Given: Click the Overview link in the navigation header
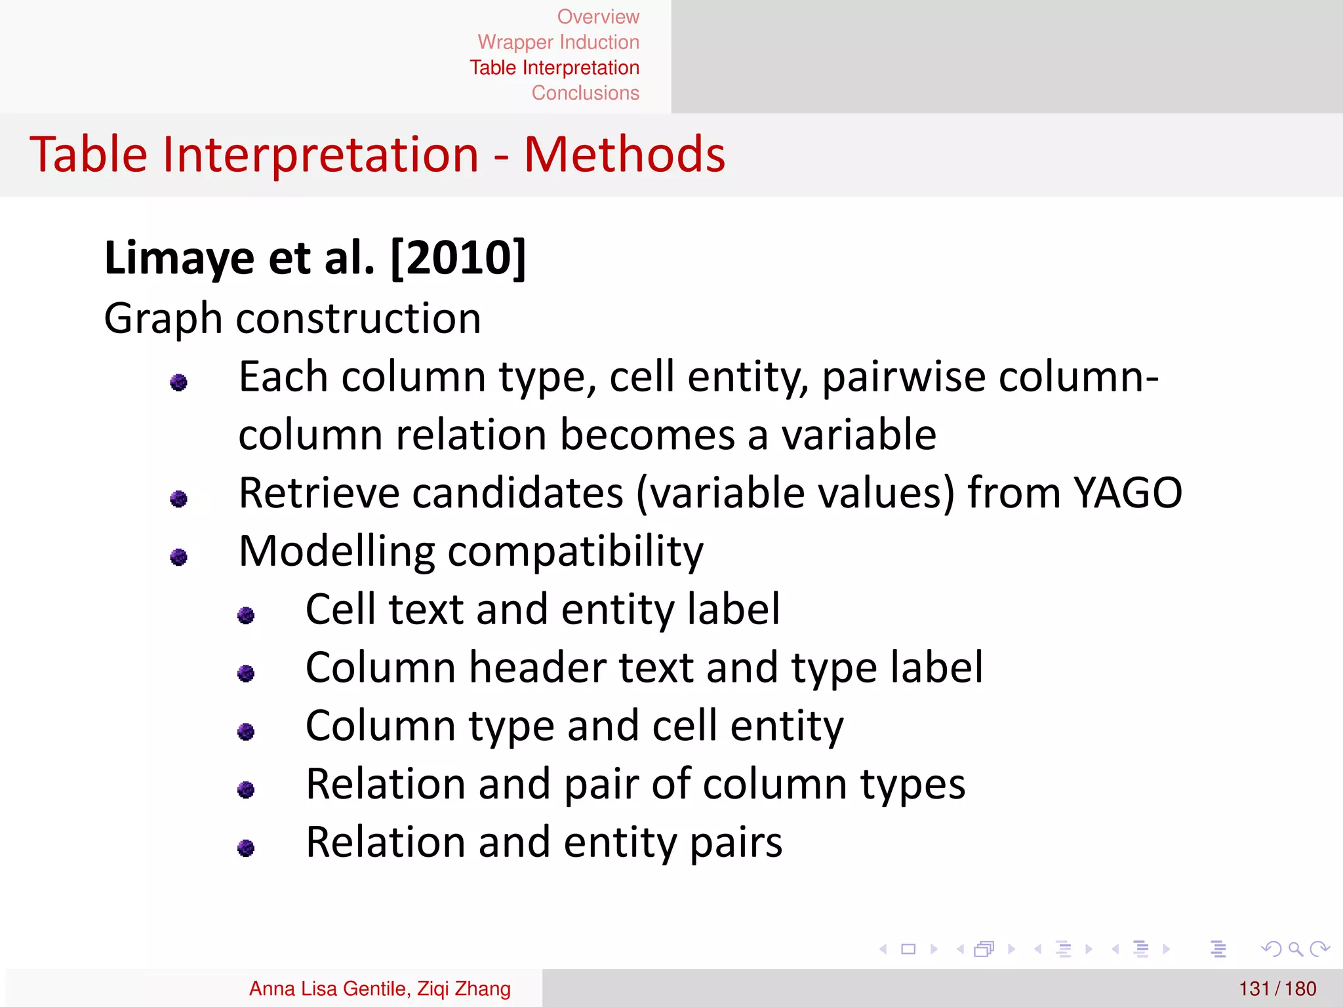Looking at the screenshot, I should [x=597, y=16].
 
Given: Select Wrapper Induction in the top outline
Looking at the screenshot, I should [x=558, y=42].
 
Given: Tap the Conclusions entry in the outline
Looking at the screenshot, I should [x=585, y=93].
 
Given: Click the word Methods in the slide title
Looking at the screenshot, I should [x=624, y=155].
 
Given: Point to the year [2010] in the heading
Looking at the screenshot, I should [x=458, y=258].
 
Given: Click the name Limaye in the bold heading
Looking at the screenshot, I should [x=178, y=258].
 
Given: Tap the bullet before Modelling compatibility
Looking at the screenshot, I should [x=178, y=557].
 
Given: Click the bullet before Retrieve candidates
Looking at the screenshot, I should [x=178, y=499].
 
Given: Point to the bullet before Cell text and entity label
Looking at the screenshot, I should [x=246, y=615].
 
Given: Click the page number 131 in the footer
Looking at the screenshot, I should [x=1254, y=989].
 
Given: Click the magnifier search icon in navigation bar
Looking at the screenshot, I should [x=1295, y=949].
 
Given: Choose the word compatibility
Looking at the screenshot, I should [x=575, y=552].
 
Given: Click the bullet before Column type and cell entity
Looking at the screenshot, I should [x=246, y=731].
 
